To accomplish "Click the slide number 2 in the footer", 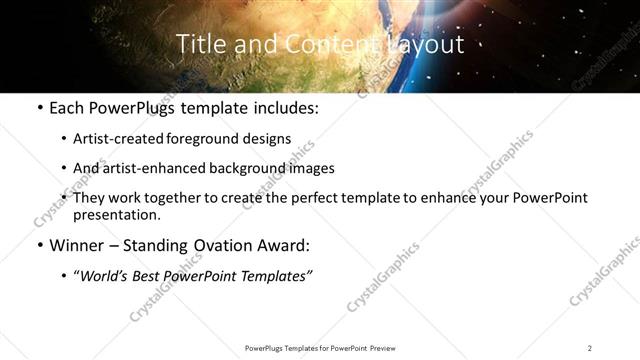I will (x=590, y=348).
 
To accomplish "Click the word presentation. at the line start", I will (x=116, y=214).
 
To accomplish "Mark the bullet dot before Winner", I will (x=38, y=245).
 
